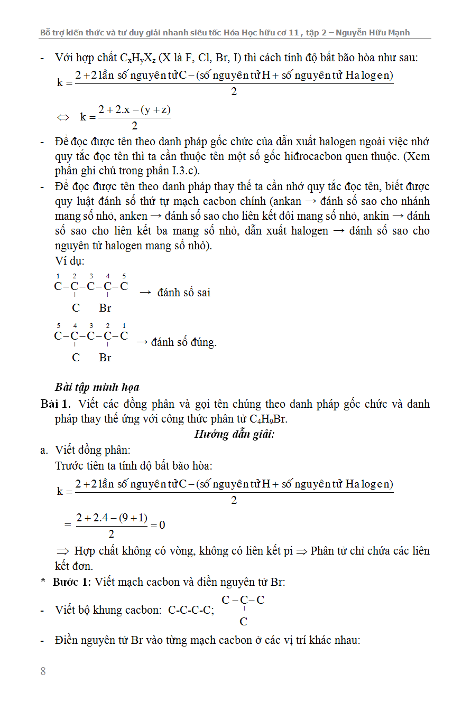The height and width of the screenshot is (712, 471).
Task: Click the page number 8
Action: point(43,671)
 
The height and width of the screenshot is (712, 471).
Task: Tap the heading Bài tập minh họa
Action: point(97,387)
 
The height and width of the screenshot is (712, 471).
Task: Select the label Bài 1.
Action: point(55,404)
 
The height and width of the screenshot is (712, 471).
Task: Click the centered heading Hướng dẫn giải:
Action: point(235,434)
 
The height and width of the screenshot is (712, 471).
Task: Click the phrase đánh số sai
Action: point(183,292)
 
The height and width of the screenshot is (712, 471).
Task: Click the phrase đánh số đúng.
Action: point(183,342)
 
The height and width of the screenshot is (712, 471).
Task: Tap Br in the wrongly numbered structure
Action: point(105,308)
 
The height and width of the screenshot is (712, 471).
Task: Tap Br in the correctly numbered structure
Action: point(105,358)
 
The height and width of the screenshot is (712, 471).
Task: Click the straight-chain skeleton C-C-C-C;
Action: point(191,611)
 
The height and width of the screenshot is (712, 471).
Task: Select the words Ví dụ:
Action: point(70,261)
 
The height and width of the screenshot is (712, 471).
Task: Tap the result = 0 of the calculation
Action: point(158,524)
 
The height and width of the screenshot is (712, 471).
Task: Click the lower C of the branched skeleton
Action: point(243,622)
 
